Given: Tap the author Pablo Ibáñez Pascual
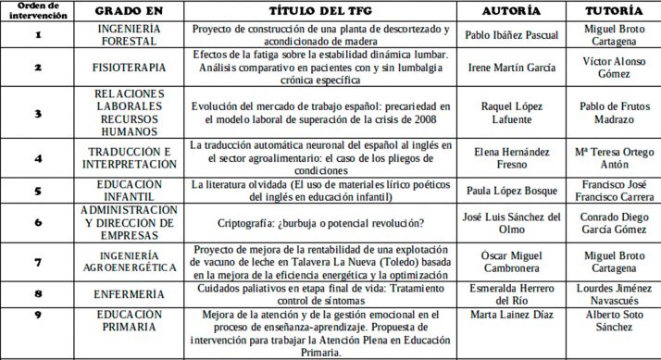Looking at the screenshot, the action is pyautogui.click(x=509, y=34).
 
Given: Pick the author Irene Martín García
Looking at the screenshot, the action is pyautogui.click(x=509, y=68).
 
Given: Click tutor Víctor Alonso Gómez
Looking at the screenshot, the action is pyautogui.click(x=612, y=68).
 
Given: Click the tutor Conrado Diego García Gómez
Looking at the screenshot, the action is pyautogui.click(x=612, y=223).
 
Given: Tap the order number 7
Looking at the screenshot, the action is pyautogui.click(x=38, y=263).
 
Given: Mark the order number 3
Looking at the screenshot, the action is pyautogui.click(x=38, y=113).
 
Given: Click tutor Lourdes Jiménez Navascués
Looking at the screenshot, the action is pyautogui.click(x=612, y=293).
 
